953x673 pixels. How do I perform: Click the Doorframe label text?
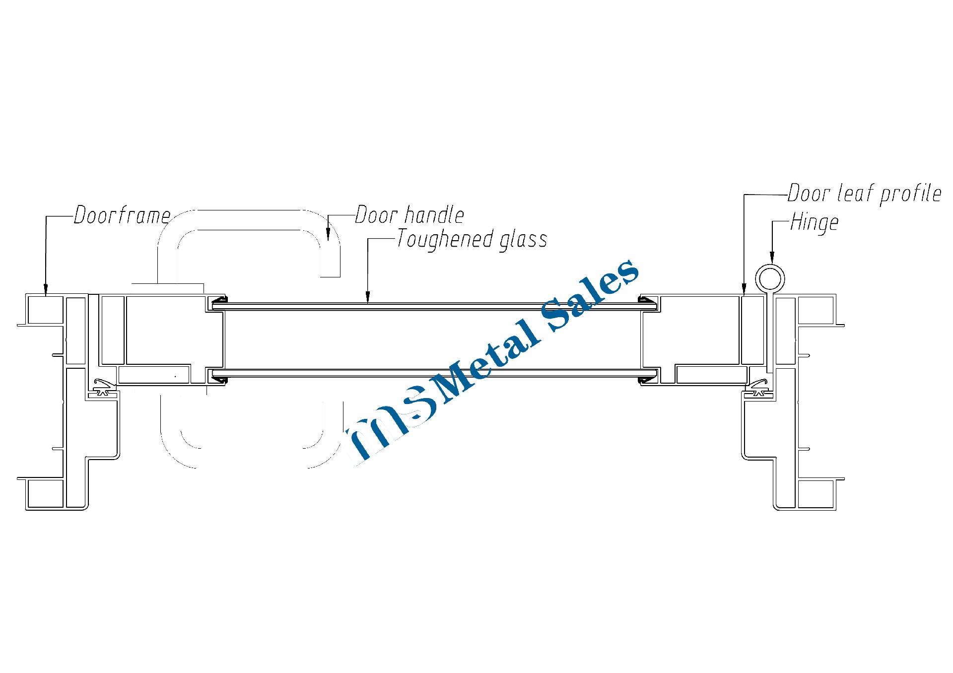click(x=122, y=215)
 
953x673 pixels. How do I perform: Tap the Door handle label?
click(x=409, y=215)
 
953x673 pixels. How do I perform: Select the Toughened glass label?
click(x=472, y=239)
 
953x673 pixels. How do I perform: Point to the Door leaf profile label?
click(x=864, y=194)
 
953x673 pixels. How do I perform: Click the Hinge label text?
click(x=815, y=222)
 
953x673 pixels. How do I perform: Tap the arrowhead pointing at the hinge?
click(x=772, y=257)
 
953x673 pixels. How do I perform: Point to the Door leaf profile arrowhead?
click(x=744, y=289)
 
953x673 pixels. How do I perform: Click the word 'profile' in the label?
click(x=910, y=194)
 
